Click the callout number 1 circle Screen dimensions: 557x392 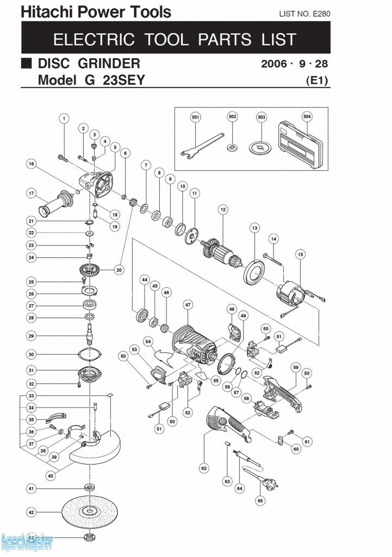click(64, 118)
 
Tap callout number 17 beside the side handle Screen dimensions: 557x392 click(32, 193)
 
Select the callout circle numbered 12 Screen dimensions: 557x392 click(222, 209)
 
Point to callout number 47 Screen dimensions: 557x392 click(188, 305)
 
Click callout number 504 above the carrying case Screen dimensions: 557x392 click(307, 116)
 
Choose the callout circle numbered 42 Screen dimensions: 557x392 click(32, 512)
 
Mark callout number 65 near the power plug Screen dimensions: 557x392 click(260, 500)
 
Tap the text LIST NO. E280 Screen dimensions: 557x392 click(304, 13)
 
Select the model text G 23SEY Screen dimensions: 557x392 click(114, 80)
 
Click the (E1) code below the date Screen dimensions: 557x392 click(318, 81)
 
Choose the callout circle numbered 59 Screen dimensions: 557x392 click(296, 367)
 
